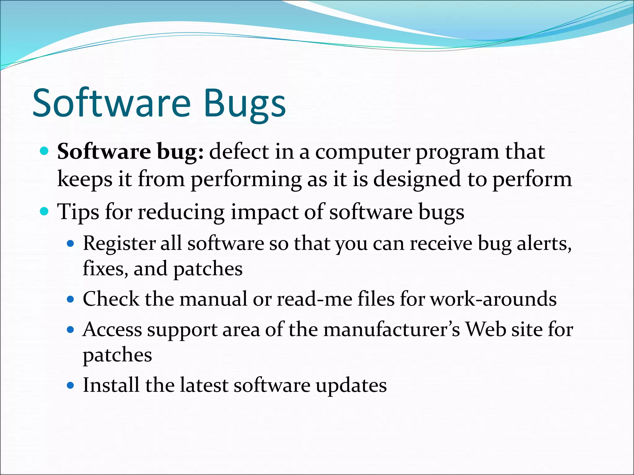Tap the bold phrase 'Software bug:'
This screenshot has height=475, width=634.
130,152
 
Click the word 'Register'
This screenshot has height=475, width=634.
119,244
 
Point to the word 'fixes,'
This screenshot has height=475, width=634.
105,268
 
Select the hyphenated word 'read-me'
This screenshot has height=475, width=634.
314,299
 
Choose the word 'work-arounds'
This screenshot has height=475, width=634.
493,299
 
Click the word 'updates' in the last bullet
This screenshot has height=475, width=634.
351,386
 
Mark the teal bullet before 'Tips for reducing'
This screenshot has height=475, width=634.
45,212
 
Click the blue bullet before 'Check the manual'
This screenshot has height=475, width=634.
71,299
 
